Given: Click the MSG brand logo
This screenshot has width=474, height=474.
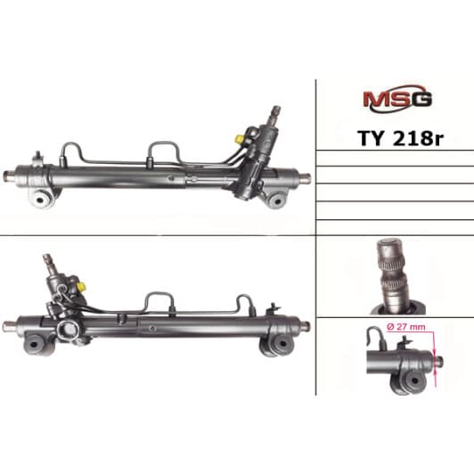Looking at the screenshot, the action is point(397,99).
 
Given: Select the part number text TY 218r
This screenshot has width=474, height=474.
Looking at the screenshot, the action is point(401,138).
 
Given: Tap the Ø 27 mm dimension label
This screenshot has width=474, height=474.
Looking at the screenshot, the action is point(405,327).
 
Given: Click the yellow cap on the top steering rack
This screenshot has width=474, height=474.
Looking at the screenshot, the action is point(240,139).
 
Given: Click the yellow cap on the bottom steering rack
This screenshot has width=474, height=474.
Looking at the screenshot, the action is point(81,286).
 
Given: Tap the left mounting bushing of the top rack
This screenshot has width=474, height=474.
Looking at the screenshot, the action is point(41,199).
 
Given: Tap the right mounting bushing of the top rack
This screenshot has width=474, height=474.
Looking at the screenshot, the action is point(276,199).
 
